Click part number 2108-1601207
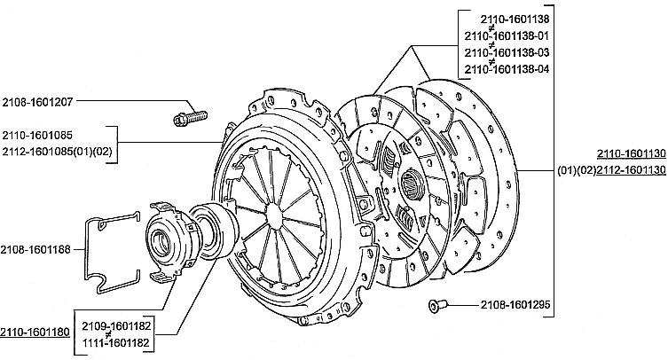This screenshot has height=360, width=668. [37, 102]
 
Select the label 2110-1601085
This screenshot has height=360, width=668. [37, 136]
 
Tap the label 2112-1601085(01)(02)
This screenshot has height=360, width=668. [57, 152]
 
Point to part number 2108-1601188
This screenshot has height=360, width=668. [35, 250]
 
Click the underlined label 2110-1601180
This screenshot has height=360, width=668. [35, 332]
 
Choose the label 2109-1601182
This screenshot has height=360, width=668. [116, 326]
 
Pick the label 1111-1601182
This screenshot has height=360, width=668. [115, 343]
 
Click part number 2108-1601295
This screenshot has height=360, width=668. [515, 305]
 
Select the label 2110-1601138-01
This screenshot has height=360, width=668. [507, 35]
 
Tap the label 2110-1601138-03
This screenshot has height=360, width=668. [507, 53]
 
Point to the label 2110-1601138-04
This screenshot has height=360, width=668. [507, 69]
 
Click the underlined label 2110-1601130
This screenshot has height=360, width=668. [632, 153]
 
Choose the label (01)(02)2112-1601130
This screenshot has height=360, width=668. [612, 170]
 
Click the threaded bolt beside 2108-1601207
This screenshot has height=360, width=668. [191, 117]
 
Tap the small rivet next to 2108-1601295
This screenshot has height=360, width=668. [437, 305]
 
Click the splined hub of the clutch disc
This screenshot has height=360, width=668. [412, 185]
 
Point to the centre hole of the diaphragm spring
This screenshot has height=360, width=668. [272, 215]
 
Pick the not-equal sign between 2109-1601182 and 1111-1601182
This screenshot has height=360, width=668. [108, 335]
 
